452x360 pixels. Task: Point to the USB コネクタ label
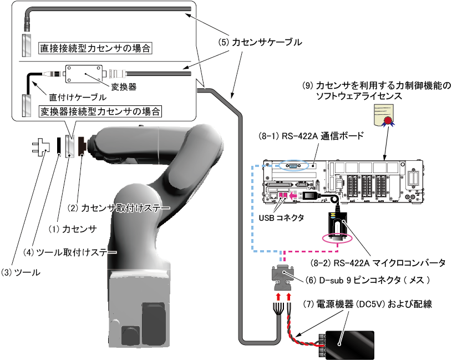(x=281, y=218)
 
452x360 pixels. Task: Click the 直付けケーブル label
(x=74, y=97)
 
